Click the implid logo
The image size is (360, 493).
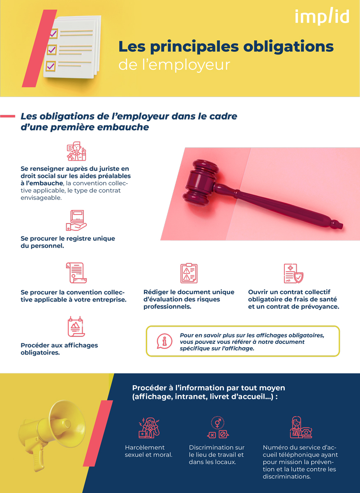[322, 17]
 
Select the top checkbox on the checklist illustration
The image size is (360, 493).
[53, 33]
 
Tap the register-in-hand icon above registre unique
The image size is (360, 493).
[76, 221]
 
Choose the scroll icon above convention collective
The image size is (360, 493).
[76, 273]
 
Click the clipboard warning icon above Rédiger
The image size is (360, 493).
[189, 273]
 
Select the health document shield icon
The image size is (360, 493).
[293, 273]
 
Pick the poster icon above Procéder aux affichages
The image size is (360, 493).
[76, 327]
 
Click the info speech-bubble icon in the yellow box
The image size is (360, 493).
[164, 341]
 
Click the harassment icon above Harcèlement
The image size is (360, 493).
[148, 428]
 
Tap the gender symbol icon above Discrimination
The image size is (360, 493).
[217, 428]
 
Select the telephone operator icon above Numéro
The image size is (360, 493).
[300, 428]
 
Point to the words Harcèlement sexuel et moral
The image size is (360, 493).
[148, 451]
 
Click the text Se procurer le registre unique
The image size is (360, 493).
[68, 238]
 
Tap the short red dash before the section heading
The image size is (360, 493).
[8, 116]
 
